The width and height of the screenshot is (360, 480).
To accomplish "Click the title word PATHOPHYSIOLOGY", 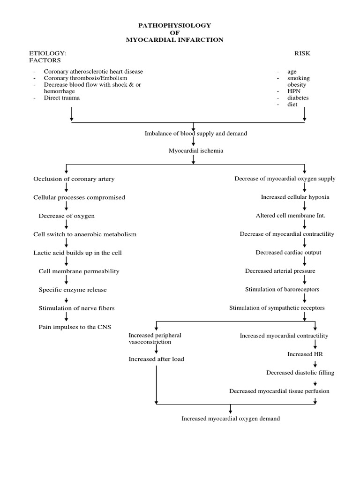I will click(x=175, y=25).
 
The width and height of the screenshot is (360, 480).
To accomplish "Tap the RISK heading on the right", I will click(x=302, y=53).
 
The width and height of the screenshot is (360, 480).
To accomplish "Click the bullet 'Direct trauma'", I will click(x=61, y=98).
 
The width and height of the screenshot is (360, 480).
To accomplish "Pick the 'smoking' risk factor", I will click(x=299, y=78).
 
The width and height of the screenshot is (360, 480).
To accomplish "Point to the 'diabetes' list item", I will click(x=298, y=98).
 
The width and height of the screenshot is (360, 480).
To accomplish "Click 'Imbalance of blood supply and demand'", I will click(x=195, y=134).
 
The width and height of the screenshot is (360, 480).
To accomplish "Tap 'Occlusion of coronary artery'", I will click(x=74, y=179).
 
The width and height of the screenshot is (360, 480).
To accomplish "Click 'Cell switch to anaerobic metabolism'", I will click(x=85, y=234).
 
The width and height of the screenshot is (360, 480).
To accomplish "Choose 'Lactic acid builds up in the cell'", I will click(x=77, y=253).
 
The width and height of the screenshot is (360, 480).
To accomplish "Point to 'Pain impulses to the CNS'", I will click(x=75, y=327).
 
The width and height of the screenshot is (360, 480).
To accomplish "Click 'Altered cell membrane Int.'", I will click(x=290, y=216).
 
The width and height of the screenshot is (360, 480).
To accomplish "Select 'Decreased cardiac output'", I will click(x=288, y=252).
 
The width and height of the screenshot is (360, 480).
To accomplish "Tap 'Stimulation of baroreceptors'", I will click(x=282, y=289).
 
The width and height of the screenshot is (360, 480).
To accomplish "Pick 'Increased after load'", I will click(x=157, y=359).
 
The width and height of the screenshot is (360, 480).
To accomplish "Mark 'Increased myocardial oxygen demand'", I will click(x=231, y=419).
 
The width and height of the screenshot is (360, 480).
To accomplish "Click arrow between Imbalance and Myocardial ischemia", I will click(x=193, y=142).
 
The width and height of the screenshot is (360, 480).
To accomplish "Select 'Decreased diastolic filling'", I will click(x=300, y=373).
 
